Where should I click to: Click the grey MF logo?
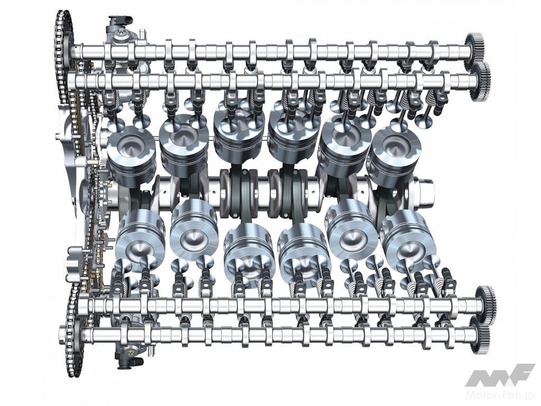click(x=500, y=374)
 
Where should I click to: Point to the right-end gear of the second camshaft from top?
click(x=482, y=82)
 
